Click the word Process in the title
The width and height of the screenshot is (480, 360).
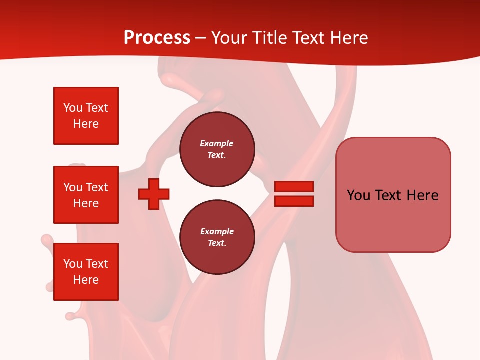(157, 38)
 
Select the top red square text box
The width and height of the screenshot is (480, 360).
(86, 116)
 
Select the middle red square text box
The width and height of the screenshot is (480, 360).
(86, 195)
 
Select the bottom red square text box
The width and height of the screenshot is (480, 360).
(86, 272)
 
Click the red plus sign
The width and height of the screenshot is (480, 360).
(154, 194)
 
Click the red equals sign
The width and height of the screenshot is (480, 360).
(294, 194)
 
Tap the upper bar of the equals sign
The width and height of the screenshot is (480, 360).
(294, 187)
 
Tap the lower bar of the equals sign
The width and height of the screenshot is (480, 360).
(294, 201)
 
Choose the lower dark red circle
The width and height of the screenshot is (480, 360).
(217, 237)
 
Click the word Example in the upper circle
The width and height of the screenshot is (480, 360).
(217, 143)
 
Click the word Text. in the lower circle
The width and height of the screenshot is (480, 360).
(217, 243)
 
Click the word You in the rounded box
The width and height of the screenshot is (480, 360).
(359, 195)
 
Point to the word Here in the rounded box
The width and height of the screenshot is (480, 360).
(422, 195)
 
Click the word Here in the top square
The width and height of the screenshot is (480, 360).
(86, 124)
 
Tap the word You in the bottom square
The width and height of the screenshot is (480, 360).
(73, 264)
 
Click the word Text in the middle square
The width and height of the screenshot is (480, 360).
(97, 187)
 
